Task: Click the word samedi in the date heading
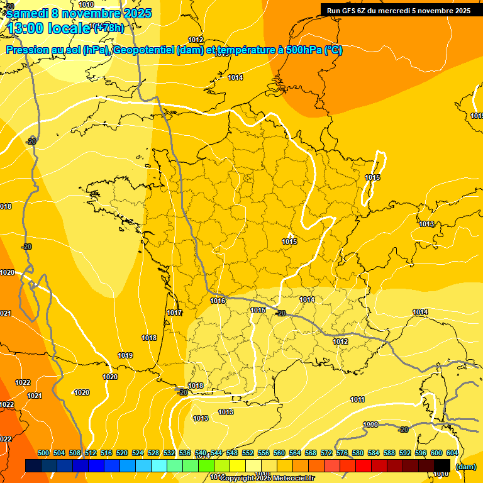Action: pos(28,13)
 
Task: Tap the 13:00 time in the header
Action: pos(25,28)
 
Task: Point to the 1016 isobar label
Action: pos(218,301)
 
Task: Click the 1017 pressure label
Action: pos(174,313)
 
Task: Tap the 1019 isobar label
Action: pos(125,355)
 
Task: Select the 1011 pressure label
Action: pos(357,399)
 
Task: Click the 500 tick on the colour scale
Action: pos(43,453)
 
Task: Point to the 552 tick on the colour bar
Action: pos(248,453)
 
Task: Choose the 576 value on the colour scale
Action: pos(342,453)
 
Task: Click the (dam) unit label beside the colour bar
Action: pos(465,467)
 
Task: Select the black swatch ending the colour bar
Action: pos(442,466)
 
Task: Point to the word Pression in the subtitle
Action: pos(25,50)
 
